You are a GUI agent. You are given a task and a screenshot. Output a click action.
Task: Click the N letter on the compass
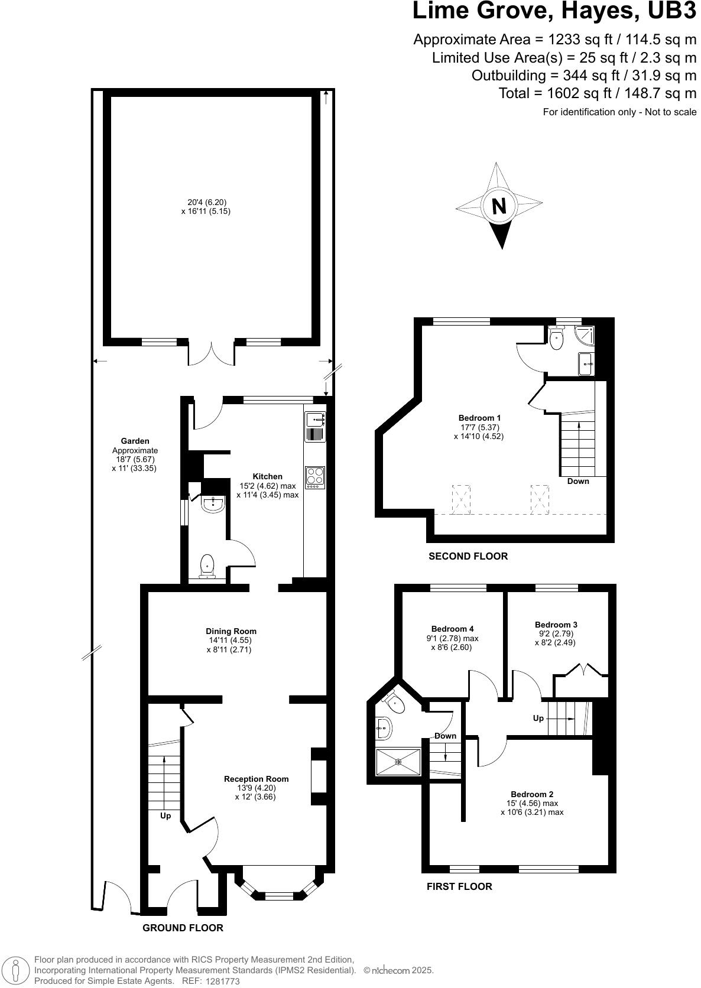499,206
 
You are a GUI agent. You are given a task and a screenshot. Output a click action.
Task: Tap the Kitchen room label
267,476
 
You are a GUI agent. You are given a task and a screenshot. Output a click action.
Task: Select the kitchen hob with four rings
315,477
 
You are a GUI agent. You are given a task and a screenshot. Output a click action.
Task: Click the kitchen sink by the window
315,420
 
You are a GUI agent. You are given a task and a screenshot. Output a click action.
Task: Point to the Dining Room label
231,631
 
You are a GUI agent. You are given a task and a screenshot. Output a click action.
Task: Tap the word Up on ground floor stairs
165,815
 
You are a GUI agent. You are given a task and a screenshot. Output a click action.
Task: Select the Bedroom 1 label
479,418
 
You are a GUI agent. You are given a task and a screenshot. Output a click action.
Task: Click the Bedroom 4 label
452,629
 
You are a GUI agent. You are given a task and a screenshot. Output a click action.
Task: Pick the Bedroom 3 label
556,624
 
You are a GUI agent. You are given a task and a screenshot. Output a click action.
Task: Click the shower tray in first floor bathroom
399,762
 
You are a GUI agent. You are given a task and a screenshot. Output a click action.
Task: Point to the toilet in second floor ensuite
556,339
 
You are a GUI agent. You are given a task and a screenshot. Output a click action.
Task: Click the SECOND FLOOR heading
468,556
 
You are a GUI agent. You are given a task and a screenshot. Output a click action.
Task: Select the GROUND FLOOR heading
183,928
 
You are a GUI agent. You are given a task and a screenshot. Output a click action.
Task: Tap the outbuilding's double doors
211,353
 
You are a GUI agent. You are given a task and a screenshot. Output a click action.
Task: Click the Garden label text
135,441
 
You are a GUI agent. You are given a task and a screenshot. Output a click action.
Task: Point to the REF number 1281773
222,981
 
